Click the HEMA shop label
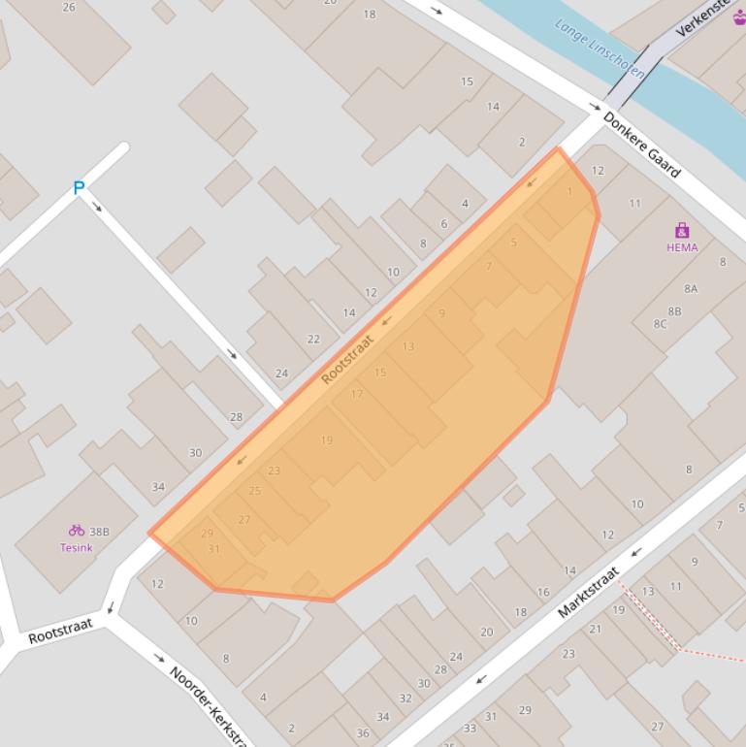(682, 247)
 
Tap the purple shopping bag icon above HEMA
(682, 231)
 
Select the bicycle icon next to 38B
(76, 531)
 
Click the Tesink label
(77, 547)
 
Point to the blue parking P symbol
(79, 188)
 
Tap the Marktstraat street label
(588, 593)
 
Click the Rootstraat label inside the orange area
(347, 360)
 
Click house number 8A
(691, 289)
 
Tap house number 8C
(660, 324)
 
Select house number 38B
(99, 532)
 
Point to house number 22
(313, 339)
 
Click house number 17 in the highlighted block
(357, 394)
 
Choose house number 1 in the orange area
(569, 192)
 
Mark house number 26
(69, 8)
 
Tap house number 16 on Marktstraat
(543, 592)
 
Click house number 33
(470, 728)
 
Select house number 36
(363, 732)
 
